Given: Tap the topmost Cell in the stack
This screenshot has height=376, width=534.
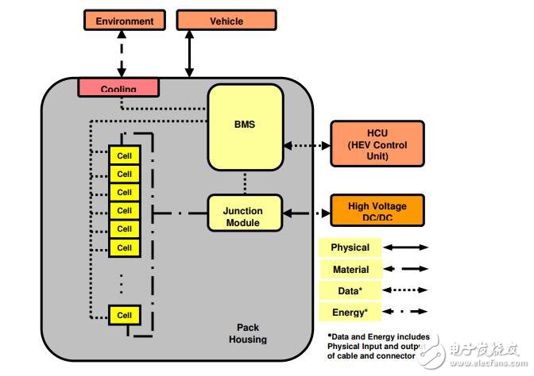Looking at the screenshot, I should pyautogui.click(x=124, y=155).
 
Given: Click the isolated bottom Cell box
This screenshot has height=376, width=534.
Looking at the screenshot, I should pyautogui.click(x=124, y=315).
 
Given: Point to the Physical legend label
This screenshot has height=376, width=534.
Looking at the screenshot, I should pyautogui.click(x=350, y=247).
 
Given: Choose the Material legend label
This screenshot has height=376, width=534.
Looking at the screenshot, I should pyautogui.click(x=350, y=269).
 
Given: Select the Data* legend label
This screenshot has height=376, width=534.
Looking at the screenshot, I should pyautogui.click(x=350, y=290).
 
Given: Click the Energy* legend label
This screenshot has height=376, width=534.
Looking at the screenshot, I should pyautogui.click(x=350, y=311).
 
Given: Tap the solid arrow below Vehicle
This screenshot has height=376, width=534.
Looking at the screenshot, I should pyautogui.click(x=189, y=54).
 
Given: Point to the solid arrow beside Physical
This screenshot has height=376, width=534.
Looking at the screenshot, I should pyautogui.click(x=408, y=247).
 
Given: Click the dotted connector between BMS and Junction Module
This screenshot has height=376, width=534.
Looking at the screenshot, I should pyautogui.click(x=246, y=182).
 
